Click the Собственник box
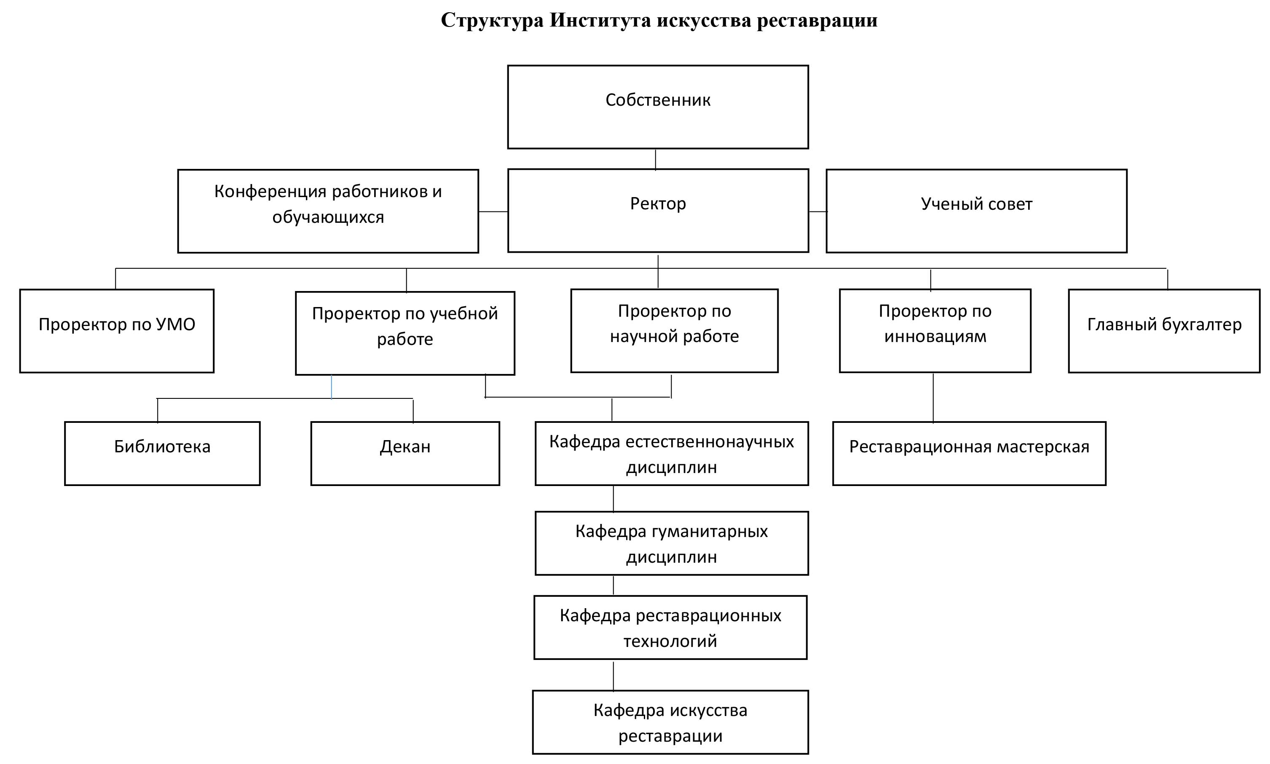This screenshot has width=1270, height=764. tap(658, 107)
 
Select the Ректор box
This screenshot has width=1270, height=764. tap(658, 211)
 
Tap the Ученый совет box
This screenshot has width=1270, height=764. tap(976, 211)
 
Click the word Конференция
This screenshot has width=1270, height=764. tap(271, 192)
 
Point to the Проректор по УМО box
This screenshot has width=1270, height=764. tap(117, 331)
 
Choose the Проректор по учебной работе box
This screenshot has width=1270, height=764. tap(405, 333)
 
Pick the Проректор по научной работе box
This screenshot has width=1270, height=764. tap(674, 331)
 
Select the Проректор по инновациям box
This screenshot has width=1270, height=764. tap(935, 331)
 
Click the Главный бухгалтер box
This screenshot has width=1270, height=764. tap(1164, 331)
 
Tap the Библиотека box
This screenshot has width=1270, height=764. tap(162, 454)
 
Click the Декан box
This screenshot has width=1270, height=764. tap(405, 454)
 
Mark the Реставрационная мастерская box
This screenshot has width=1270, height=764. tap(969, 454)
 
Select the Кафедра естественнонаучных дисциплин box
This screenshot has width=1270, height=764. tap(672, 454)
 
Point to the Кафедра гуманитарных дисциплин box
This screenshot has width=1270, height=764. tap(672, 543)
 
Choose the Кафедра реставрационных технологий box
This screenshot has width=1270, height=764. tap(670, 628)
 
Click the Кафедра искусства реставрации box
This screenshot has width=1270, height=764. tap(670, 722)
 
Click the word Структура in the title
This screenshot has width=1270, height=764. tap(492, 21)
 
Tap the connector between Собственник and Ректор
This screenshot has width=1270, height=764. tap(655, 159)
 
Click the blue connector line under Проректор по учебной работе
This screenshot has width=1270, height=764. tap(331, 387)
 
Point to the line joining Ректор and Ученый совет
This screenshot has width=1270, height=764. tap(818, 211)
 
